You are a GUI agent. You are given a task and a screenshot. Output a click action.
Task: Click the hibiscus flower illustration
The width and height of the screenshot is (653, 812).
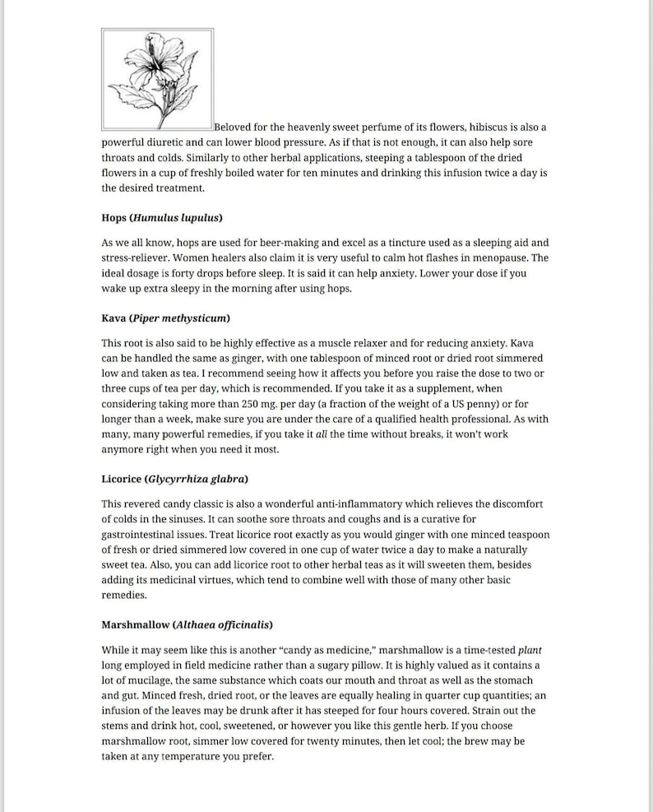(x=157, y=79)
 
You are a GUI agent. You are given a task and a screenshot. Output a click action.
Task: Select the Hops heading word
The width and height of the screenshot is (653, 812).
(x=114, y=218)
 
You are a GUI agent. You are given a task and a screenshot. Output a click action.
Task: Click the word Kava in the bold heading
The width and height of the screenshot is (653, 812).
(x=113, y=318)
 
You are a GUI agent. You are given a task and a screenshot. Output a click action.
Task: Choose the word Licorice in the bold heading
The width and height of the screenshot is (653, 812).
(x=121, y=478)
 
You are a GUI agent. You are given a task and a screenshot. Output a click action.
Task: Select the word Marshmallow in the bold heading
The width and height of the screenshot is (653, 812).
(x=136, y=624)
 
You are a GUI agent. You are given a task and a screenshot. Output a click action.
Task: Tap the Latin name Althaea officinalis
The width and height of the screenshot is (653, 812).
(x=223, y=624)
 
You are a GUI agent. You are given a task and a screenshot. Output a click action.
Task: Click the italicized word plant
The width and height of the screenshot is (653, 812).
(x=530, y=649)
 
